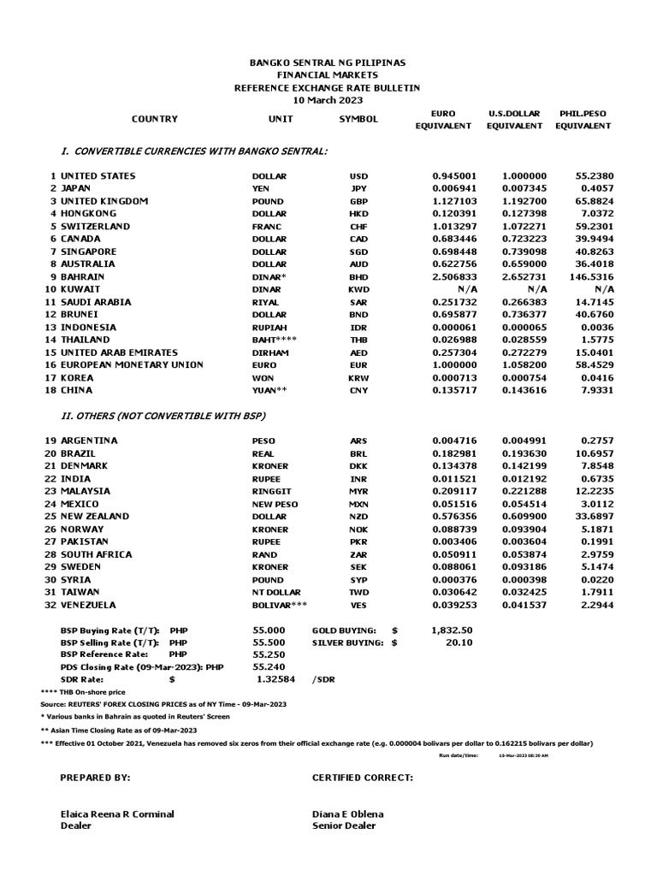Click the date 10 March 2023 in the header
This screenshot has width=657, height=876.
(328, 100)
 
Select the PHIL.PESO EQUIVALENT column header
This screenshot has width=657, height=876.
(583, 119)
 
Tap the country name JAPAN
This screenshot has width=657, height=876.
(78, 188)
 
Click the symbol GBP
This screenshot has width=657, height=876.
(358, 201)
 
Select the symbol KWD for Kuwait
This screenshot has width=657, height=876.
(358, 290)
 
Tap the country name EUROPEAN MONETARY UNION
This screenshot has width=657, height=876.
(132, 365)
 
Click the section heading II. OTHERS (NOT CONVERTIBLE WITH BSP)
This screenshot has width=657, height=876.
(163, 416)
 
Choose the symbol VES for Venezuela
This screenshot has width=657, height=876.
(358, 605)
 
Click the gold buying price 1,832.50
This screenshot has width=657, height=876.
(453, 630)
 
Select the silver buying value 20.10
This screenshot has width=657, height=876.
(459, 642)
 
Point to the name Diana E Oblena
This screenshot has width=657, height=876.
(348, 814)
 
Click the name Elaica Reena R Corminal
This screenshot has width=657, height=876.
(116, 814)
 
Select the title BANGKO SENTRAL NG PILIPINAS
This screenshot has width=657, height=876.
(328, 63)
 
